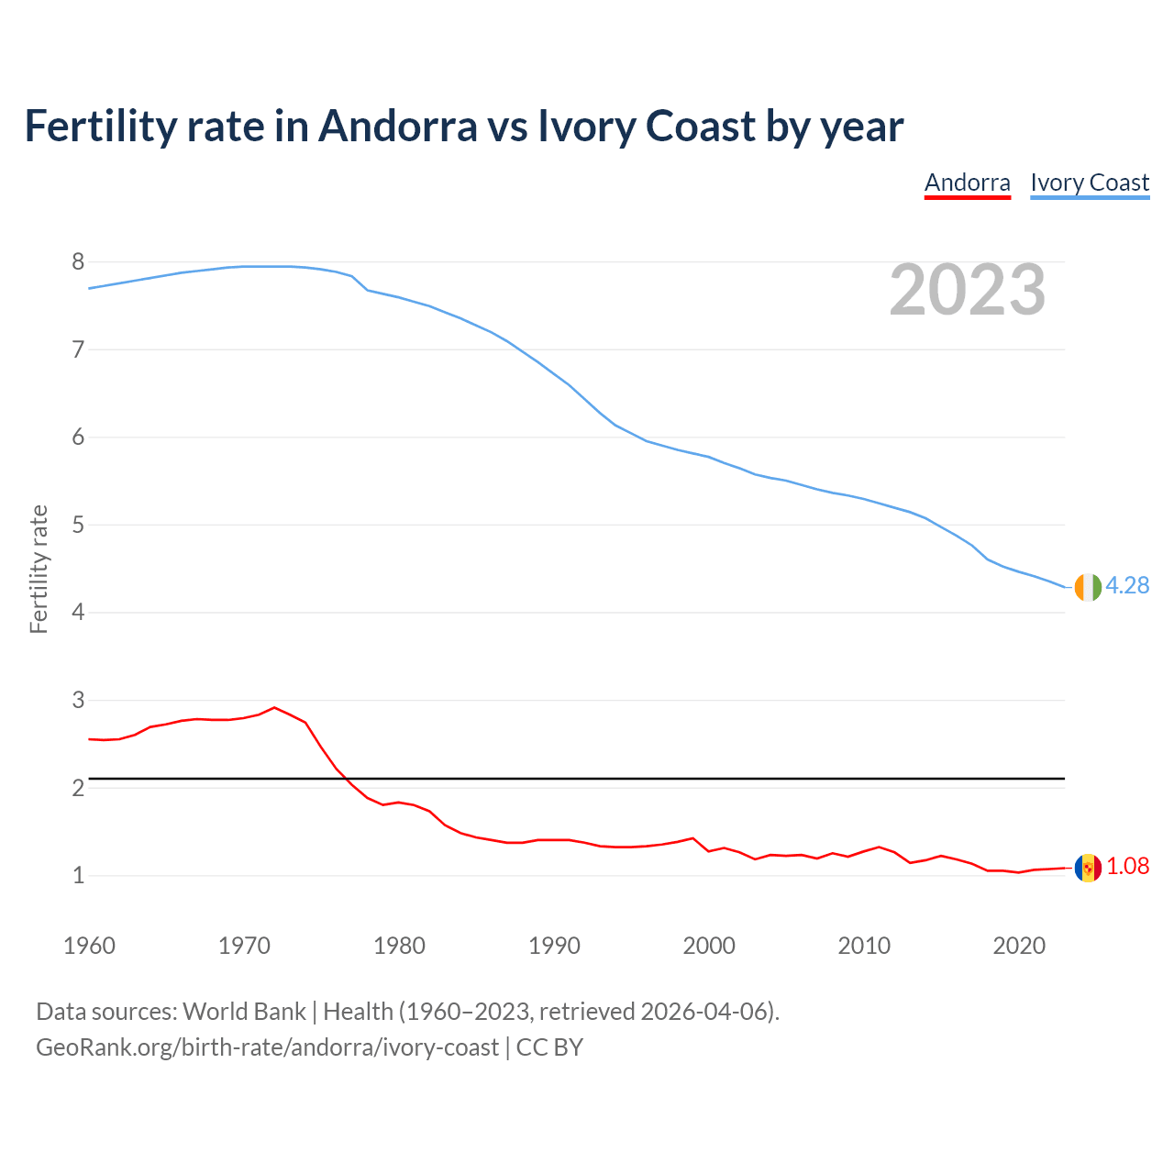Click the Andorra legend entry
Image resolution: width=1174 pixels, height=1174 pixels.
(967, 183)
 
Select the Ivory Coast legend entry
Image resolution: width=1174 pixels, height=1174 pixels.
(1090, 183)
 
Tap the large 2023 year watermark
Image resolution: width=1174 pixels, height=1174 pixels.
(967, 290)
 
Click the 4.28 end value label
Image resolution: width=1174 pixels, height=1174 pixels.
(1127, 585)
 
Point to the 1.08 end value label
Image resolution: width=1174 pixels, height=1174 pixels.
(1127, 866)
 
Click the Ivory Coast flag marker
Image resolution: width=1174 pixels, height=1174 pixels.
(1088, 587)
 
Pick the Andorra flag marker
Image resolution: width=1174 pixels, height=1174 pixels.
(1088, 868)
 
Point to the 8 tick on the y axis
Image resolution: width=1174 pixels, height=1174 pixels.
(78, 262)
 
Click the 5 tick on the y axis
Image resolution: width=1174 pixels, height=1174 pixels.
(78, 526)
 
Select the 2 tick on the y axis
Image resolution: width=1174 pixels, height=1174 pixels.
(78, 789)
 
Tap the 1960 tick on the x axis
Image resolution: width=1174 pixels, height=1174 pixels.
(89, 946)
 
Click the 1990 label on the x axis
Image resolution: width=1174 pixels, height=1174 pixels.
(554, 946)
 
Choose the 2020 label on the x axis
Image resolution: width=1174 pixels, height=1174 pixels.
(1019, 946)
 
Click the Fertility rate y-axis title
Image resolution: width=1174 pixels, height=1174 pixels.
(39, 569)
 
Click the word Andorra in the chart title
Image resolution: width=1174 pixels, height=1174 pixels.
(397, 126)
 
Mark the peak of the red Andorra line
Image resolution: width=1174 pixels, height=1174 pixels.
(274, 707)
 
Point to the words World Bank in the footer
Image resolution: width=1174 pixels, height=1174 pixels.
(244, 1012)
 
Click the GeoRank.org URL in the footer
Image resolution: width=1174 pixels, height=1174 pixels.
(267, 1047)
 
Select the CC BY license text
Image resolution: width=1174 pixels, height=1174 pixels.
(549, 1047)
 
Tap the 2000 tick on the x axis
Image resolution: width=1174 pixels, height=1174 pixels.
(709, 946)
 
